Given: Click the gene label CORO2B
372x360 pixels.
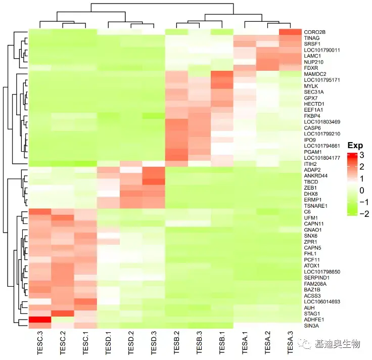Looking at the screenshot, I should pyautogui.click(x=315, y=32).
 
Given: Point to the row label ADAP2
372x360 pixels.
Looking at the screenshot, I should pyautogui.click(x=312, y=170).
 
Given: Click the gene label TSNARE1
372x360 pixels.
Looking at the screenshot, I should pyautogui.click(x=316, y=206).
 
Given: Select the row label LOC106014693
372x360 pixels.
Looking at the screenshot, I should pyautogui.click(x=322, y=301).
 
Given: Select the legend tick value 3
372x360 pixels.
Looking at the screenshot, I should pyautogui.click(x=362, y=155).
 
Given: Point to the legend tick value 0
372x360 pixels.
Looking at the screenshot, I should pyautogui.click(x=362, y=191).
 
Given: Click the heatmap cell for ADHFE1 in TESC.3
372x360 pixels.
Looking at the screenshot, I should pyautogui.click(x=39, y=320).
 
